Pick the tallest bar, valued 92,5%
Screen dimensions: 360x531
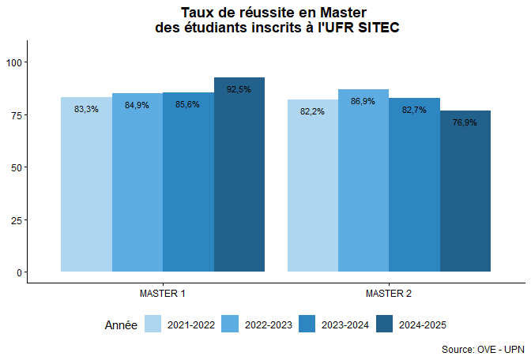pos(239,182)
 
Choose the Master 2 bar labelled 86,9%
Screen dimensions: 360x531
pos(363,186)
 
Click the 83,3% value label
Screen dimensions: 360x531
pos(86,109)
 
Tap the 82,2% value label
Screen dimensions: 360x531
pos(312,111)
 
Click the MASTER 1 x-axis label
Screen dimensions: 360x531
pos(163,294)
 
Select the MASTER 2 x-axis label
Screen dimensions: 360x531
pos(389,294)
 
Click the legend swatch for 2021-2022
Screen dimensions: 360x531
pos(153,324)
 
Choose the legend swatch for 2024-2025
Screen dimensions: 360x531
pos(385,324)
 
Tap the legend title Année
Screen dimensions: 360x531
pos(121,324)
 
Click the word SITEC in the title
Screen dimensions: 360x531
pos(377,28)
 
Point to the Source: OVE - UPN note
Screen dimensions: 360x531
pos(481,348)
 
